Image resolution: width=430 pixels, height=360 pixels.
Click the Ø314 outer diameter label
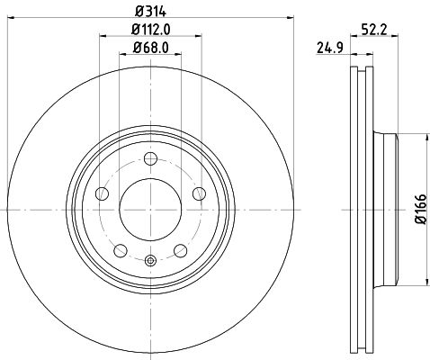150,11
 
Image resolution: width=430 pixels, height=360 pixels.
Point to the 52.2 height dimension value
375,29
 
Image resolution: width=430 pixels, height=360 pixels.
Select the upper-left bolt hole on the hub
103,193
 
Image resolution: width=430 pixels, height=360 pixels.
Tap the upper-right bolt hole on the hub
198,193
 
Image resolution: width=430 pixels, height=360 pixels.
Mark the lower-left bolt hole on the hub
121,248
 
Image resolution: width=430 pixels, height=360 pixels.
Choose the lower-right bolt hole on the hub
180,248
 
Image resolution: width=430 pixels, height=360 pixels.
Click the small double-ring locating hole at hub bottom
150,261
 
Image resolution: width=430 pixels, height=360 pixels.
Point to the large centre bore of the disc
150,209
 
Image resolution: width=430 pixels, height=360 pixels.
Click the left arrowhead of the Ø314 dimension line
10,17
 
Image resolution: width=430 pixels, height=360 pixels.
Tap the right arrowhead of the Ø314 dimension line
291,17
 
